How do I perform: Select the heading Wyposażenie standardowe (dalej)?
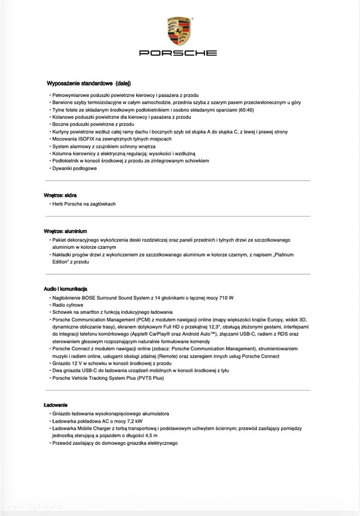click(89, 83)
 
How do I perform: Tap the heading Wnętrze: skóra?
click(60, 195)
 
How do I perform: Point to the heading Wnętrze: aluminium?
click(65, 231)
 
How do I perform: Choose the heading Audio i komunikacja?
click(66, 289)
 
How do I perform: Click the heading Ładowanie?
click(55, 405)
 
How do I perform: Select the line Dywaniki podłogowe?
click(74, 168)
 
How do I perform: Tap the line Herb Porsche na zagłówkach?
click(84, 204)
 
